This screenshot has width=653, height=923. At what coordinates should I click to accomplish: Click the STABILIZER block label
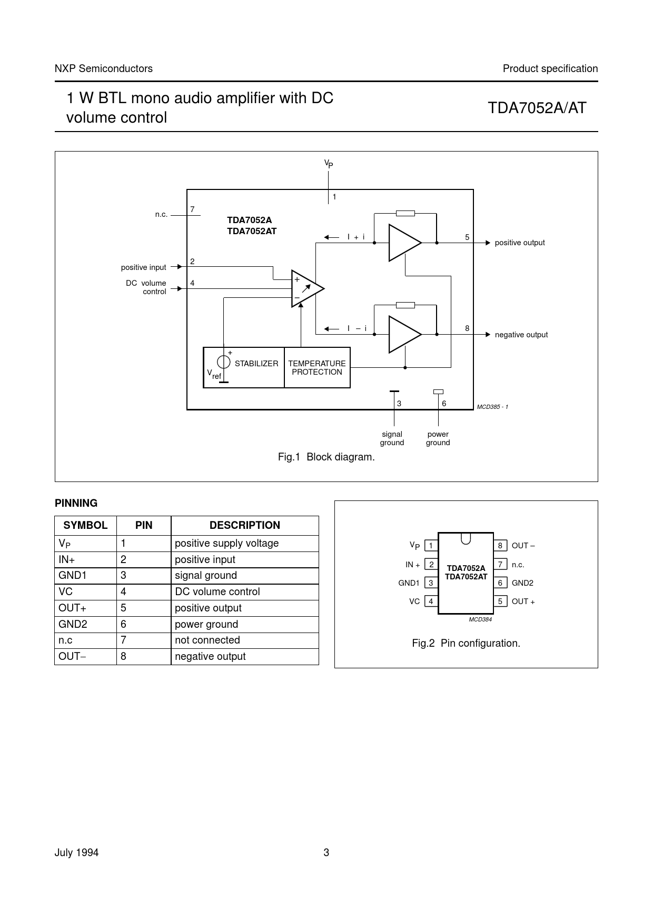pyautogui.click(x=256, y=364)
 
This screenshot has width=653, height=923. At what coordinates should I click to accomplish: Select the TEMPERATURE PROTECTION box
pyautogui.click(x=317, y=367)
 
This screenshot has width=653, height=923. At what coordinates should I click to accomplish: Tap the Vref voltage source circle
pyautogui.click(x=224, y=362)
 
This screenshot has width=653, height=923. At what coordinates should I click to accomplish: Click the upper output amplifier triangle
pyautogui.click(x=405, y=243)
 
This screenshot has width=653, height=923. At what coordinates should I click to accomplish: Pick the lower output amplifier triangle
pyautogui.click(x=405, y=334)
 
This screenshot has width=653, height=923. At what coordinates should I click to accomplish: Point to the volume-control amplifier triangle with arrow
pyautogui.click(x=308, y=288)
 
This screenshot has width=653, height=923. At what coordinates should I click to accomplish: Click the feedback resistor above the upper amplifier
pyautogui.click(x=405, y=213)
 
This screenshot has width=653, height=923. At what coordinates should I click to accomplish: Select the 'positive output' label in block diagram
pyautogui.click(x=520, y=243)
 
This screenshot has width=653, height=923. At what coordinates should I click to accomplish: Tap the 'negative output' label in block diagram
pyautogui.click(x=521, y=335)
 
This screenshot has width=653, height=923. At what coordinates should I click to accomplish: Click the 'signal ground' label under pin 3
pyautogui.click(x=392, y=438)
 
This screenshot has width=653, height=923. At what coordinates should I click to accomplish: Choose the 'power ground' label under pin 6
pyautogui.click(x=438, y=438)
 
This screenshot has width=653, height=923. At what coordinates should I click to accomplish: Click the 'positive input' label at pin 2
pyautogui.click(x=143, y=267)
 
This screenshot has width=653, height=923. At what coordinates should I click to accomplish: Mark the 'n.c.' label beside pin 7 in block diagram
pyautogui.click(x=161, y=214)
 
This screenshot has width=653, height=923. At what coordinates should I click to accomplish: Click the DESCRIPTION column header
pyautogui.click(x=245, y=525)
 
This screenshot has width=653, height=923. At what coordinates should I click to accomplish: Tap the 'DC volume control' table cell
pyautogui.click(x=217, y=591)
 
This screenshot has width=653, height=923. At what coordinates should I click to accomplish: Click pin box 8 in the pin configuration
pyautogui.click(x=500, y=546)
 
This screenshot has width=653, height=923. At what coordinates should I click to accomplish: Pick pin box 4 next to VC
pyautogui.click(x=431, y=601)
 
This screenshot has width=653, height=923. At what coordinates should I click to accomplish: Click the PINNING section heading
pyautogui.click(x=76, y=503)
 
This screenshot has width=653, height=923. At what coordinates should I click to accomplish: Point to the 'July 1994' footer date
pyautogui.click(x=76, y=852)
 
